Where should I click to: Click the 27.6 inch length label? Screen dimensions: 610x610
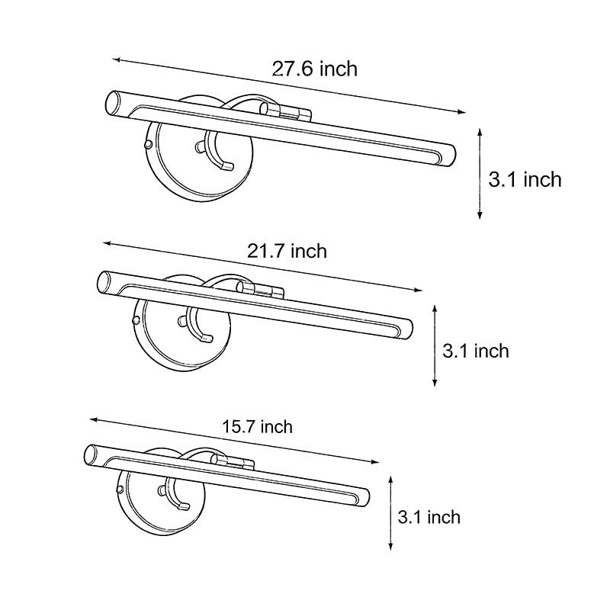[315, 69]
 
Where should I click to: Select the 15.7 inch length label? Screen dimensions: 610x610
[257, 427]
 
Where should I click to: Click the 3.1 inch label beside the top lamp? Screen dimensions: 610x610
[525, 179]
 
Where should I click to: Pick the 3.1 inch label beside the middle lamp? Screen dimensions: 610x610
[476, 351]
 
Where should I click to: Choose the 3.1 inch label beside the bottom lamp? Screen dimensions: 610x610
[429, 518]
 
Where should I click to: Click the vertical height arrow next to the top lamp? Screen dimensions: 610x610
[480, 174]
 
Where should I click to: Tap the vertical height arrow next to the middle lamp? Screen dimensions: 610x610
[434, 345]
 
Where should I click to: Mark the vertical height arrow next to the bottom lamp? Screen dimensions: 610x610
[390, 512]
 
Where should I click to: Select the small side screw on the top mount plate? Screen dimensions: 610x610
[148, 143]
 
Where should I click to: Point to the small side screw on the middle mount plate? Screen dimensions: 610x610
[136, 314]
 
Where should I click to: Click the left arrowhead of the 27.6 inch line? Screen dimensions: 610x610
[116, 59]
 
